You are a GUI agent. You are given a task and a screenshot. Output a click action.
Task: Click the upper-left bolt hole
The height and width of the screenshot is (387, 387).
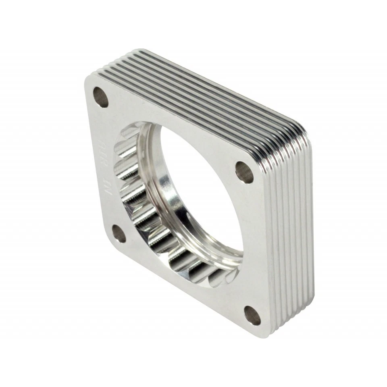coord(100,97)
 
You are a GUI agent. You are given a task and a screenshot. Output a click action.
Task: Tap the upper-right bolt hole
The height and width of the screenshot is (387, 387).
coord(244,172)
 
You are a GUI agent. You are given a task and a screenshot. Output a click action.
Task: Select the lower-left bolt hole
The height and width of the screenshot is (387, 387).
coord(119,233)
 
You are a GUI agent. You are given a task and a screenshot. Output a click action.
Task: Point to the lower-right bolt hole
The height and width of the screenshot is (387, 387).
coord(252,315)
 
